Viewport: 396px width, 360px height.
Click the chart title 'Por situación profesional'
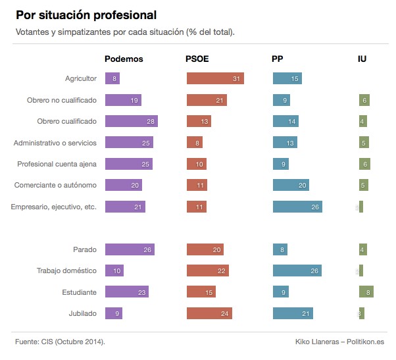coord(86,14)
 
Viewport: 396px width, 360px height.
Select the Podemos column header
coord(124,59)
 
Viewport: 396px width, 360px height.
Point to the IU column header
coord(362,59)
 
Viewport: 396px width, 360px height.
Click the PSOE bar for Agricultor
coord(215,79)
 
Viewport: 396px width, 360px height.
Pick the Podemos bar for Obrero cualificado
coord(131,121)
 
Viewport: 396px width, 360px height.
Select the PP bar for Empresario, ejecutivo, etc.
coord(297,207)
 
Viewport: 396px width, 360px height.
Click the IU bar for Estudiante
coord(366,292)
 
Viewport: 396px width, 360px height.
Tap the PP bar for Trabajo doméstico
coord(297,270)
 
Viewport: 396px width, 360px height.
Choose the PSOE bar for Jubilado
coord(209,313)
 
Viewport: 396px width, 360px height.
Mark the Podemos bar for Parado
coord(130,249)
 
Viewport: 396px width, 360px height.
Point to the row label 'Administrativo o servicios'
coord(55,143)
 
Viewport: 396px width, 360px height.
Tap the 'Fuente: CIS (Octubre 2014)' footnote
coord(60,342)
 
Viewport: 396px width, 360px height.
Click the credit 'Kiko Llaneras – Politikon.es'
coord(340,342)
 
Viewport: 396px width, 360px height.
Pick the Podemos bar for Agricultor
coord(112,79)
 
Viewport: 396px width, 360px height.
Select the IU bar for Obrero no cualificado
coord(364,100)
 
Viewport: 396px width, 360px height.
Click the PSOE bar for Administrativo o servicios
coord(194,143)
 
